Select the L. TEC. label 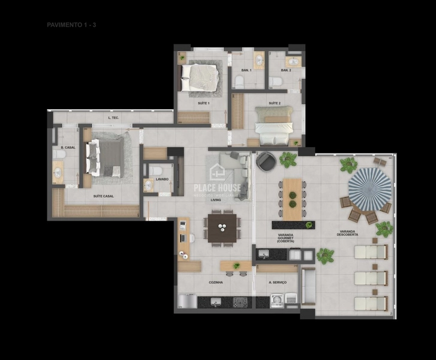point(113,118)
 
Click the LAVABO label point(162,179)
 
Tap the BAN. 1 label point(246,70)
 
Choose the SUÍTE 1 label point(203,103)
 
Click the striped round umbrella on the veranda point(369,188)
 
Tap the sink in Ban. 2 point(294,61)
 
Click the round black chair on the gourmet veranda point(266,161)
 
